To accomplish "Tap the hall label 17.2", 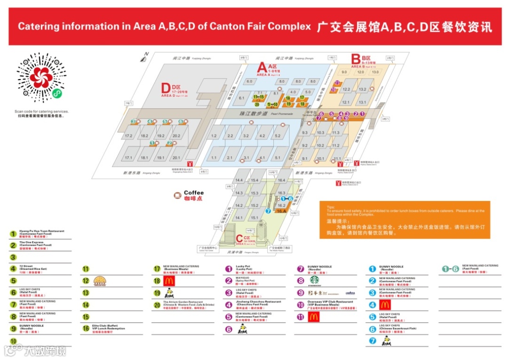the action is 128,136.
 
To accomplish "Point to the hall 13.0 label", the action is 375,72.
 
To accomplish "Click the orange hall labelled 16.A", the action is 281,211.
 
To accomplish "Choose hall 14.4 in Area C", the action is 239,180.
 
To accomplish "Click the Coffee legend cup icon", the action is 177,195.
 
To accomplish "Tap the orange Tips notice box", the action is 405,219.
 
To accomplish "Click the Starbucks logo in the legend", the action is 314,280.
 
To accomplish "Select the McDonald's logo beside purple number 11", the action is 314,317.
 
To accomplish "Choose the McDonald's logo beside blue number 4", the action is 385,304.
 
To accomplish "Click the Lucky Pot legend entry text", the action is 243,268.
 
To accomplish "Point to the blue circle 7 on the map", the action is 268,211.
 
